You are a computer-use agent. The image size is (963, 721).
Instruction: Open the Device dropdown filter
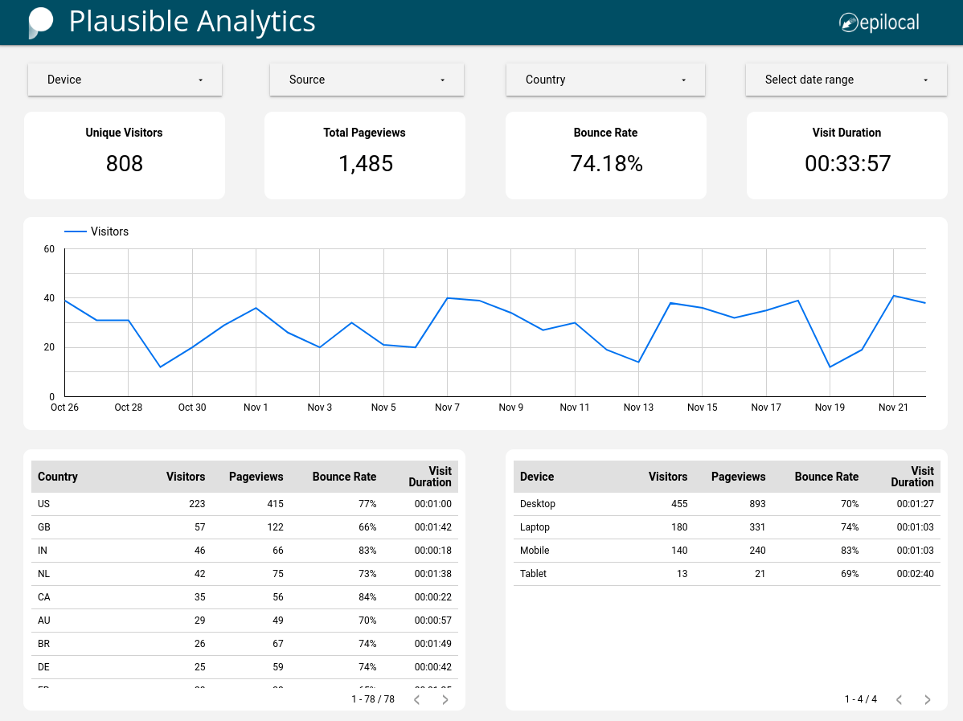[x=125, y=80]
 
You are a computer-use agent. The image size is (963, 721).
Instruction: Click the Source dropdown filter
[x=367, y=80]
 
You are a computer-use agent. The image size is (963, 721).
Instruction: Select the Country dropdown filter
[x=605, y=80]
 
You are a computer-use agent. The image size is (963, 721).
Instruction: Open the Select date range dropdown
[x=846, y=80]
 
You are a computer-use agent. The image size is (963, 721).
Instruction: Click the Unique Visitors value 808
[x=125, y=164]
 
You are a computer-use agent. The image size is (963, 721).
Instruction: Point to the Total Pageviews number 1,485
[x=365, y=164]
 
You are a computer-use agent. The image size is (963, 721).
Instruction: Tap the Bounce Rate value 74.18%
[x=606, y=164]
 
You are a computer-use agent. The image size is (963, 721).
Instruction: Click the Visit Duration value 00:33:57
[x=847, y=164]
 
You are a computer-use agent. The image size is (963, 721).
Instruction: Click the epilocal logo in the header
[x=879, y=23]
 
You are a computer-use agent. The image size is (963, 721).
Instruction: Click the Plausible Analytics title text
[x=192, y=22]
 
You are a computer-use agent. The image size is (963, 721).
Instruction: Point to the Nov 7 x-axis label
[x=447, y=408]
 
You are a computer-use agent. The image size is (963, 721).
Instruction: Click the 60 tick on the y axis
[x=49, y=249]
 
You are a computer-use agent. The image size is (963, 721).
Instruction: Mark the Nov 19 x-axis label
[x=830, y=408]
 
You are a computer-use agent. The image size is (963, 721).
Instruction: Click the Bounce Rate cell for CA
[x=367, y=597]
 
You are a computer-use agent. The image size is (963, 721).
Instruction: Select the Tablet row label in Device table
[x=533, y=574]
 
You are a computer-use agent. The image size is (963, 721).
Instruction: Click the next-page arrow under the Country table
[x=445, y=699]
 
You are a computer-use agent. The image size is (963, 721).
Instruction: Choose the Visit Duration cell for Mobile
[x=915, y=551]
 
